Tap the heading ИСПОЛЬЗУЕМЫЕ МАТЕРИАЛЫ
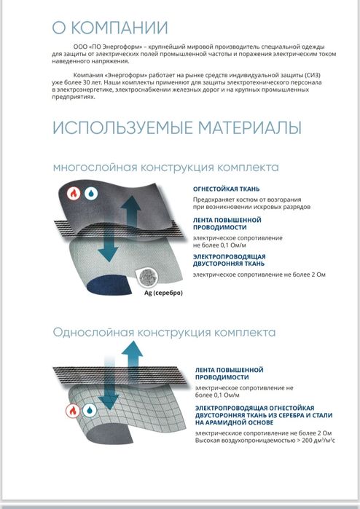point(176,128)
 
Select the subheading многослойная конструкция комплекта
point(165,167)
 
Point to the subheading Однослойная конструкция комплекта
point(164,332)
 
